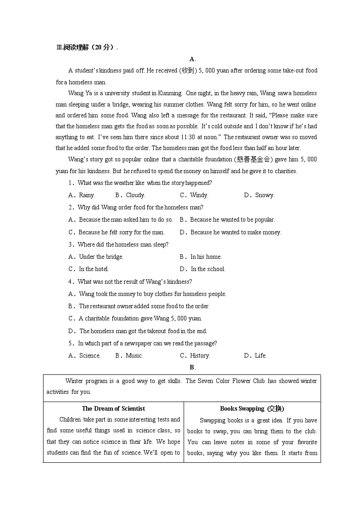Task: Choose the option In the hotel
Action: pos(93,269)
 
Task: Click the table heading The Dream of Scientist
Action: pos(113,408)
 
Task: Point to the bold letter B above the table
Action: pos(192,367)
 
